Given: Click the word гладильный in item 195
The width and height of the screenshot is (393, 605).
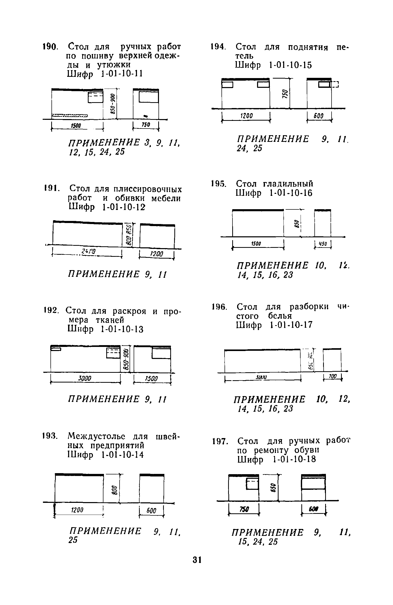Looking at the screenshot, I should coord(289,184).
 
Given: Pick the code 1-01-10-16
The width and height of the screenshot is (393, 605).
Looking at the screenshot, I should coord(288,193).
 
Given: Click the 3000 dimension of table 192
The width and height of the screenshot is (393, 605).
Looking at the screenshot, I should coord(86,378).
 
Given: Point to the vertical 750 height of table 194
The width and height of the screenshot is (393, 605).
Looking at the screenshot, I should coord(285,94).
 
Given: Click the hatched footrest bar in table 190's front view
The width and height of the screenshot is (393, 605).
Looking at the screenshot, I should coord(70,115).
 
